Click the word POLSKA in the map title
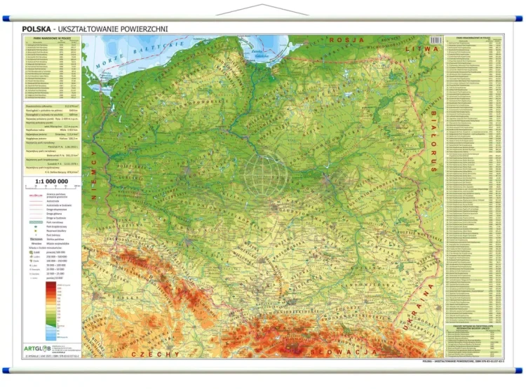point(37,29)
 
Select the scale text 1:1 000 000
point(46,182)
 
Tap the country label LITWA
point(426,49)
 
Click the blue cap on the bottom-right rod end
point(520,369)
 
